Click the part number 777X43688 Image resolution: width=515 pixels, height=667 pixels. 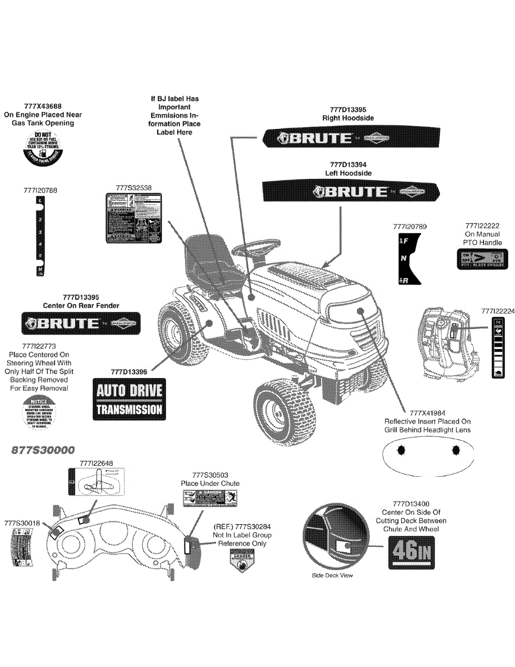coord(43,106)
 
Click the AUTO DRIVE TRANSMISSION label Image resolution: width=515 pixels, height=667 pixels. coord(129,400)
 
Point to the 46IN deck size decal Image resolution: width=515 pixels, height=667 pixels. coord(412,552)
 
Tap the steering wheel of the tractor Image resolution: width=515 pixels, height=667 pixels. coord(259,248)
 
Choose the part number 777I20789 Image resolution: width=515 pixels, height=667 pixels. coord(409,227)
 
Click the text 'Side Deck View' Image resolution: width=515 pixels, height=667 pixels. coord(332,575)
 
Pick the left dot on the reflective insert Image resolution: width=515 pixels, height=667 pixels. coord(404,449)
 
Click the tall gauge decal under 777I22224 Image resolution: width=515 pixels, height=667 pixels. coord(498,348)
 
